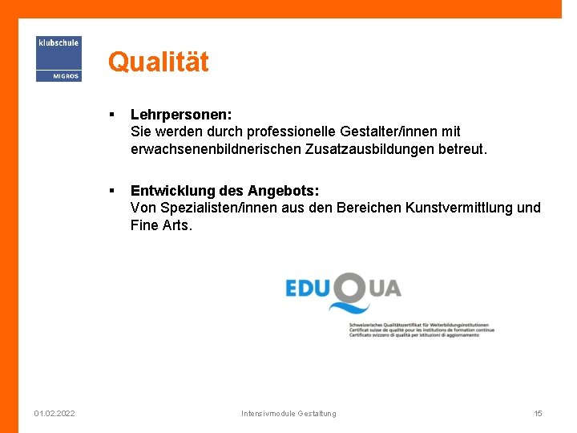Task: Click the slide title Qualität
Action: (158, 62)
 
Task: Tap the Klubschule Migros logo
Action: (59, 59)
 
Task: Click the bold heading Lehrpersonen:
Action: (181, 115)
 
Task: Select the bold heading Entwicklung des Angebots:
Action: (224, 191)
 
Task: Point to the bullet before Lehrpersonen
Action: (116, 115)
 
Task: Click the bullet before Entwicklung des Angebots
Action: (116, 191)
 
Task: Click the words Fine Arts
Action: (161, 225)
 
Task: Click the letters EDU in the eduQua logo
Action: (308, 288)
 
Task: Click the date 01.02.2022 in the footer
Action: (54, 414)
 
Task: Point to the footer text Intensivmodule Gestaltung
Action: (288, 414)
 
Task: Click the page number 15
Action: (538, 414)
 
